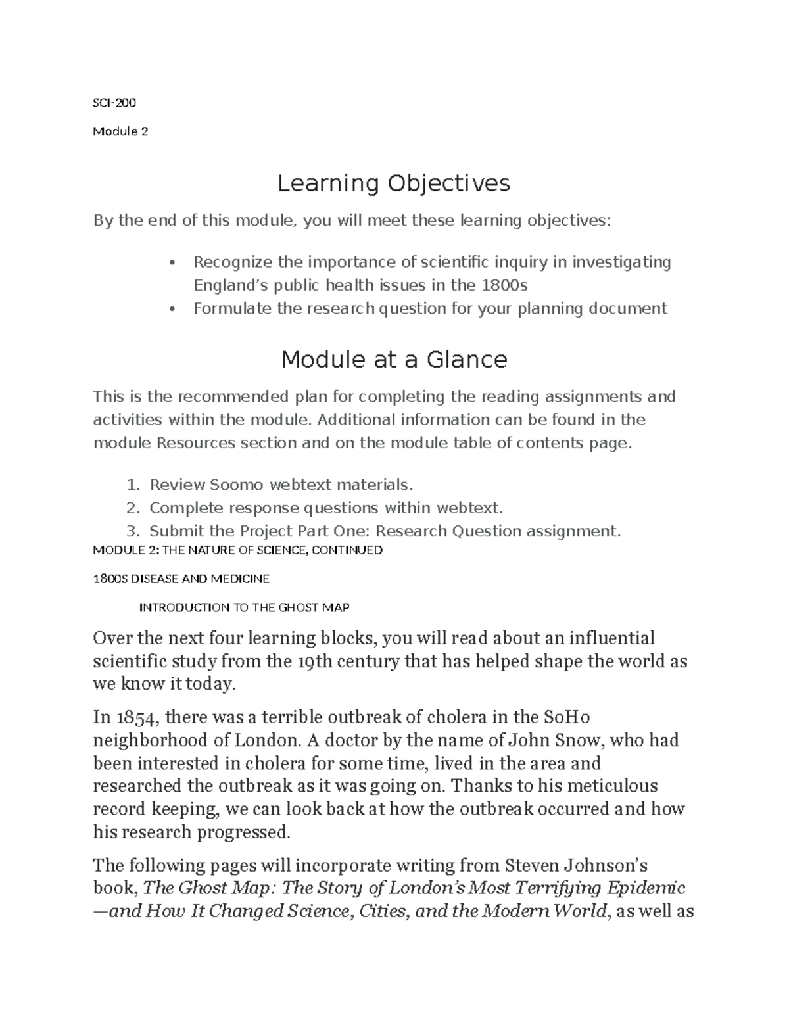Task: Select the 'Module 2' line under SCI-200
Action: pyautogui.click(x=120, y=131)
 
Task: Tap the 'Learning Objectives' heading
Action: pyautogui.click(x=393, y=183)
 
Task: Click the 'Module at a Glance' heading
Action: pyautogui.click(x=394, y=360)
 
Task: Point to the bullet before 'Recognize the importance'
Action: pyautogui.click(x=172, y=263)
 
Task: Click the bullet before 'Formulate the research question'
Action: pyautogui.click(x=172, y=309)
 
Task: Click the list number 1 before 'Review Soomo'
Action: pyautogui.click(x=133, y=485)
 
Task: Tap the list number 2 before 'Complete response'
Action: pyautogui.click(x=133, y=508)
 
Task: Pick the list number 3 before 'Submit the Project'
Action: pyautogui.click(x=133, y=531)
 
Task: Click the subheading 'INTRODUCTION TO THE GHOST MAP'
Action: pyautogui.click(x=244, y=607)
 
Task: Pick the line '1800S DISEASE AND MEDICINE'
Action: pyautogui.click(x=181, y=579)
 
